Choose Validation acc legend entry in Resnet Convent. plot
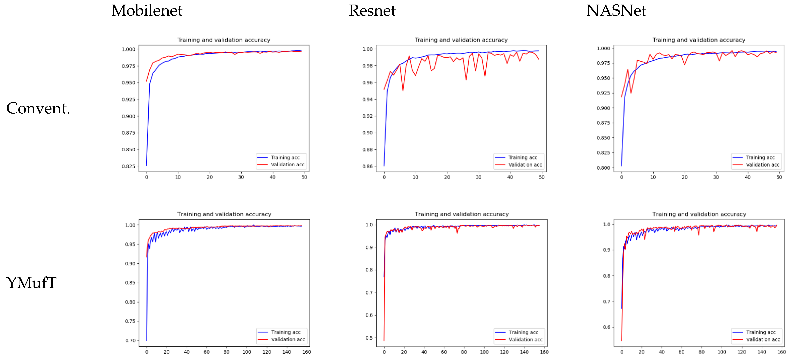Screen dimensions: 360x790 coord(525,165)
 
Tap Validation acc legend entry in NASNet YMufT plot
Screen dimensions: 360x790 coord(763,339)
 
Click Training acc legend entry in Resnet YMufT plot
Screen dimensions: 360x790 coord(523,332)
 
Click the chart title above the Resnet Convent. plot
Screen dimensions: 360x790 coord(461,40)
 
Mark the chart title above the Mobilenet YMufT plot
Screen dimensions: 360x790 coord(224,214)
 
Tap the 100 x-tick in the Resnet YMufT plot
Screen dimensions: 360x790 coord(484,352)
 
